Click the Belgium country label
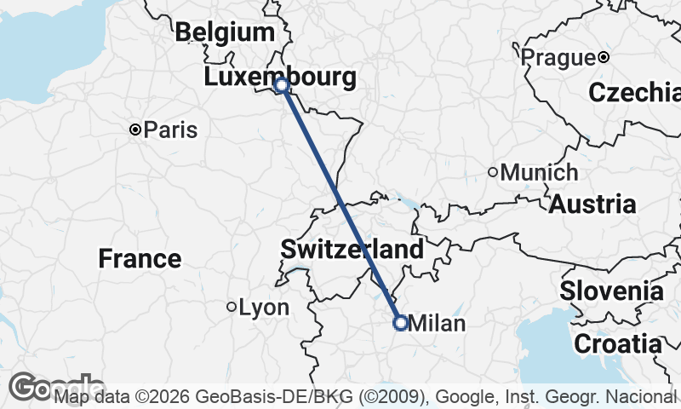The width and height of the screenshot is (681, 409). tap(225, 33)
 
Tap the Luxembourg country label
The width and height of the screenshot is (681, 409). tap(280, 78)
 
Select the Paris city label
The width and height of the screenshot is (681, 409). tap(170, 130)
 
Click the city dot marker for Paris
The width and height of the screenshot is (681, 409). tap(134, 130)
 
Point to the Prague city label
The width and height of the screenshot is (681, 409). tap(557, 57)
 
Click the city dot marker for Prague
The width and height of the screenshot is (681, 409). tap(603, 57)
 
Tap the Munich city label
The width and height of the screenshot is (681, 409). tap(539, 172)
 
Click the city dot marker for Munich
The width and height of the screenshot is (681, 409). tap(492, 172)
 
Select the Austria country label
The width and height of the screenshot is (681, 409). tap(592, 204)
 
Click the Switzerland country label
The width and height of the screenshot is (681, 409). tap(352, 250)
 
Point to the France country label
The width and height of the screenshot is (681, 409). tap(140, 258)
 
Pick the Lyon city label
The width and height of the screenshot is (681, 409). tap(264, 307)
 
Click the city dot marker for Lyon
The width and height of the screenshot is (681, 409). tap(231, 307)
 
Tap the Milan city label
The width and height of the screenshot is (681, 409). tap(438, 323)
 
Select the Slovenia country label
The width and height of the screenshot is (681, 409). tap(611, 291)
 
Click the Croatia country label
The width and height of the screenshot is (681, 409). tap(618, 344)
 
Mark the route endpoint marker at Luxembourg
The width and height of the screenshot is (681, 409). tap(282, 85)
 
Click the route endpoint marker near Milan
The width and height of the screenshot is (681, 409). tap(400, 322)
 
